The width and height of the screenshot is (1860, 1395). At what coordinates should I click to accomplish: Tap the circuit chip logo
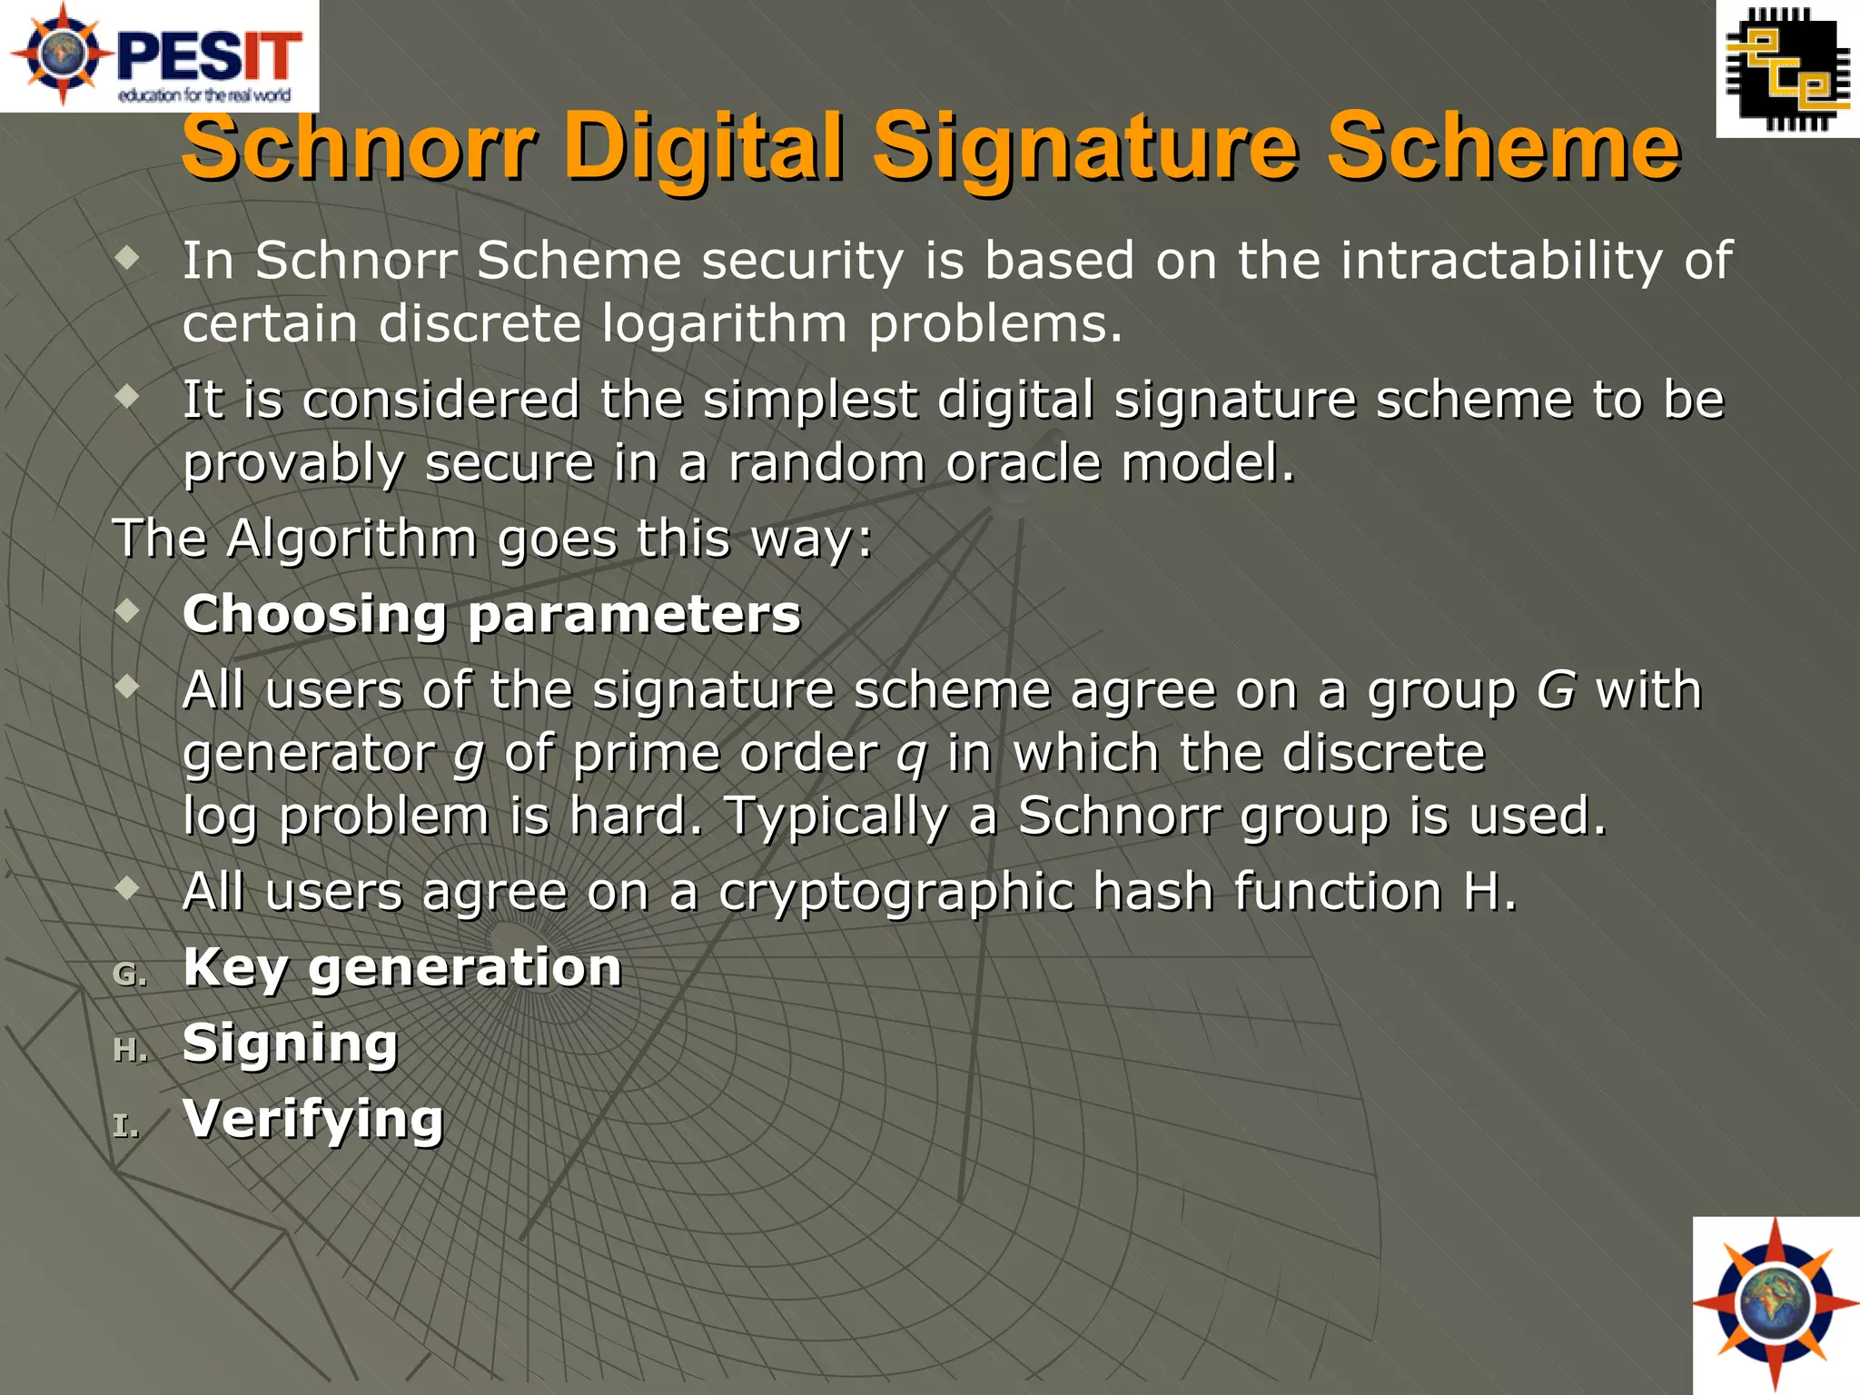(1787, 69)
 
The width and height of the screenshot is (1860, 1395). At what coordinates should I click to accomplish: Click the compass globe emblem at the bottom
(1776, 1305)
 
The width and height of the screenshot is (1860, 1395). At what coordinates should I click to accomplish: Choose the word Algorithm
(351, 539)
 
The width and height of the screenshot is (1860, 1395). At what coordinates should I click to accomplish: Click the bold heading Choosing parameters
(491, 614)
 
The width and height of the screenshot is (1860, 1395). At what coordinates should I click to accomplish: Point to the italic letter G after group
(1556, 690)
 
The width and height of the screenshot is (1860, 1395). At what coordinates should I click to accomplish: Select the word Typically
(836, 816)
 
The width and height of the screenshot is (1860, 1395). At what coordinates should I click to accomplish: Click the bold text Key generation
(401, 967)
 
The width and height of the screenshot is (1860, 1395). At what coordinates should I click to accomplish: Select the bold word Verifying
(312, 1119)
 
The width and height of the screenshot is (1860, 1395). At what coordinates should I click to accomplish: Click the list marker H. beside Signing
(130, 1050)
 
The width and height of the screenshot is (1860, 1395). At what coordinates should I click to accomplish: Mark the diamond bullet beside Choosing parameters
(128, 610)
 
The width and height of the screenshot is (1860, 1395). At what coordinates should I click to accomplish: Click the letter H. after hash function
(1489, 892)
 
